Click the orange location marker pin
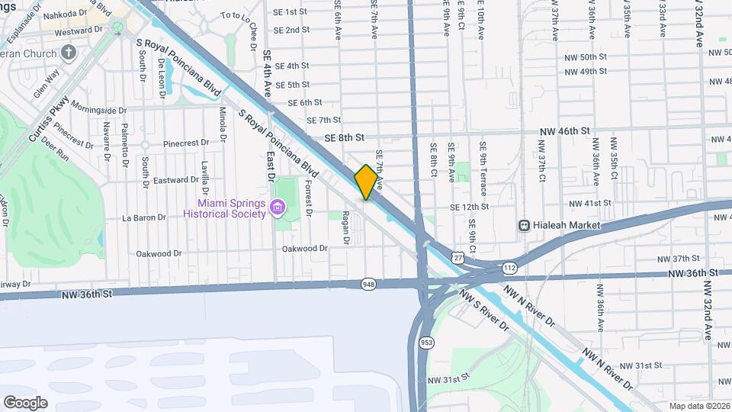tap(367, 182)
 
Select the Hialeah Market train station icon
tap(525, 226)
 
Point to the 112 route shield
tap(509, 268)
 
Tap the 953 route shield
tap(424, 344)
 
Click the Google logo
tap(25, 402)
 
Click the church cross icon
tap(69, 53)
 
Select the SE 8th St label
tap(345, 137)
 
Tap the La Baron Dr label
tap(144, 217)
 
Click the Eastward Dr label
tap(176, 180)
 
